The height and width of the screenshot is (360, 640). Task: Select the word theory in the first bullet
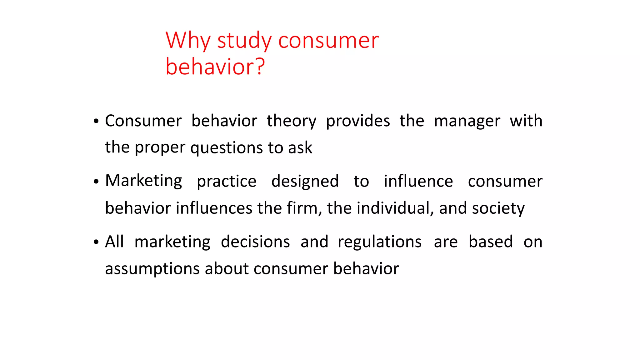pyautogui.click(x=291, y=121)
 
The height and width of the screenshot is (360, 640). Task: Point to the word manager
pyautogui.click(x=467, y=121)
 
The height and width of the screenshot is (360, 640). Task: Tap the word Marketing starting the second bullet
pyautogui.click(x=143, y=181)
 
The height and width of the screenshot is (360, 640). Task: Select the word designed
pyautogui.click(x=305, y=181)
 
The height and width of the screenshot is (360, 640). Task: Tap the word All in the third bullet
pyautogui.click(x=114, y=242)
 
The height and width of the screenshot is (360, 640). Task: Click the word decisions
pyautogui.click(x=255, y=242)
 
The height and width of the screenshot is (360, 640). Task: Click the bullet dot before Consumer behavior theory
pyautogui.click(x=96, y=121)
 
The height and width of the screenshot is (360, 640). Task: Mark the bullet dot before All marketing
pyautogui.click(x=96, y=242)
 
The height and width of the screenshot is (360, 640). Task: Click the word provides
pyautogui.click(x=358, y=121)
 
